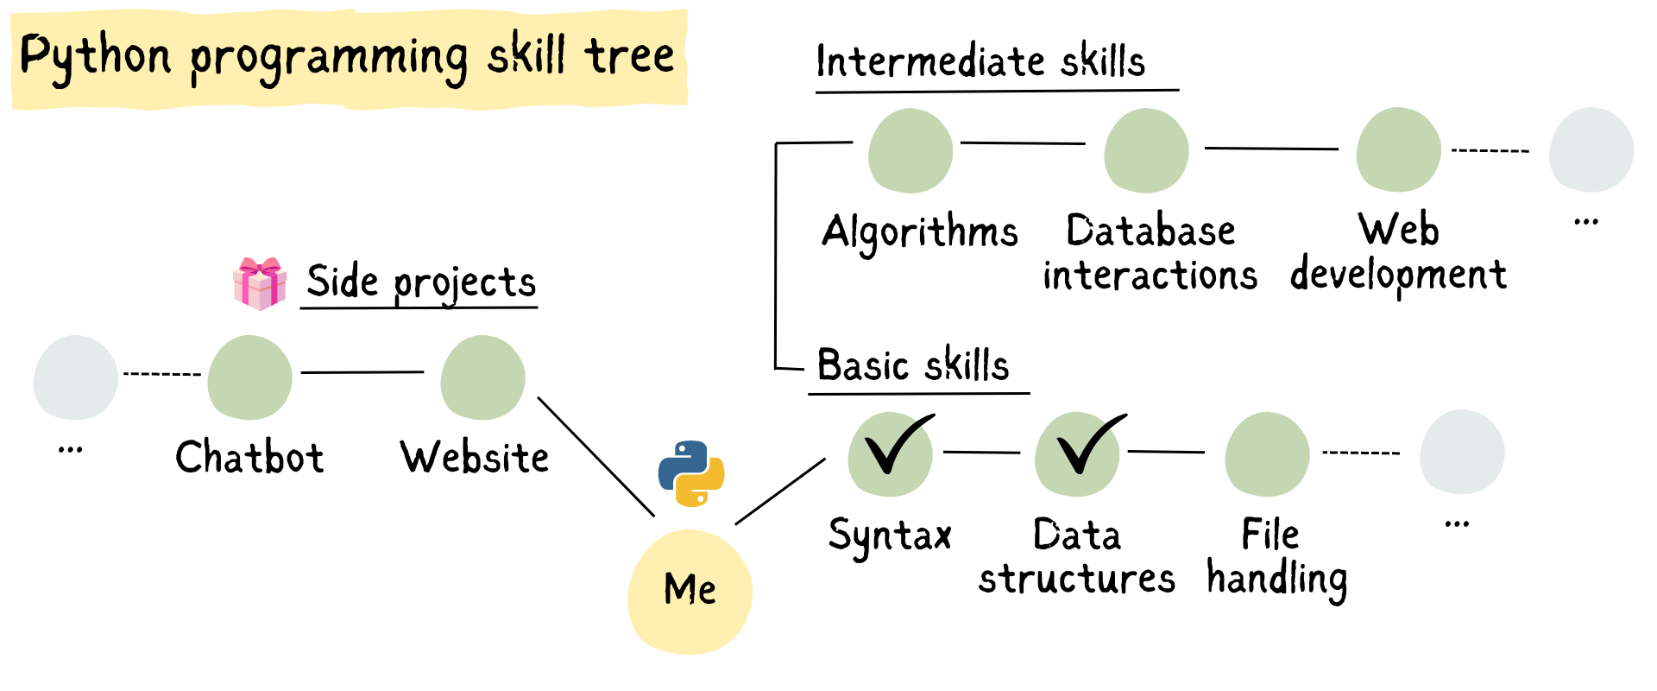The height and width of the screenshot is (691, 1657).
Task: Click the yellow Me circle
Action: tap(690, 592)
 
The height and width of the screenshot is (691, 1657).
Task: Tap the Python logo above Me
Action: tap(691, 473)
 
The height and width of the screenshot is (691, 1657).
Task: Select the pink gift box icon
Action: tap(260, 283)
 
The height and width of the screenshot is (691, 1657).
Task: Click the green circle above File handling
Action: tap(1267, 454)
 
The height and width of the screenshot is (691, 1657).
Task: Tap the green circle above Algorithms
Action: tap(910, 150)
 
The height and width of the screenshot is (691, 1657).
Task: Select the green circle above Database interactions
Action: tap(1146, 150)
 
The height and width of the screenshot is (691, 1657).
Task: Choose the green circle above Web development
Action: tap(1398, 149)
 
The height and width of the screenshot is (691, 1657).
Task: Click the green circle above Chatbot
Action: tap(249, 377)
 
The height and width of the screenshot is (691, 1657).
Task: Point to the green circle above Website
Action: tap(482, 377)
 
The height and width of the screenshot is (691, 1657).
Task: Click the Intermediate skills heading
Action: tap(980, 61)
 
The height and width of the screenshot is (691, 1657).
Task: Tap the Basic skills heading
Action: tap(913, 365)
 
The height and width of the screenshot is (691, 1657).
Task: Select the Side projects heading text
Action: tap(421, 282)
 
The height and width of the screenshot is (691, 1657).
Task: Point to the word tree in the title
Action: tap(629, 56)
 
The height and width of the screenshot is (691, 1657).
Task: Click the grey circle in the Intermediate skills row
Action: tap(1591, 149)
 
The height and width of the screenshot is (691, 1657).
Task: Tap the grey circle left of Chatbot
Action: tap(76, 377)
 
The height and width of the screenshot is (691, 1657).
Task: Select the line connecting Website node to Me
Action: tap(596, 457)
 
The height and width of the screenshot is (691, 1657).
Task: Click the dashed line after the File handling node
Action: tap(1361, 453)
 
